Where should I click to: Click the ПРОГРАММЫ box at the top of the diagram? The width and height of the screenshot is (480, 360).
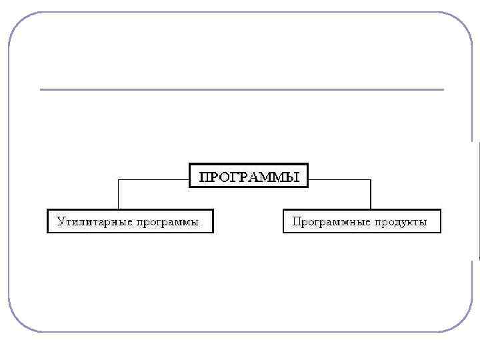point(249,175)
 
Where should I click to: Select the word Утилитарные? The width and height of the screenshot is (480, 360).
point(94,221)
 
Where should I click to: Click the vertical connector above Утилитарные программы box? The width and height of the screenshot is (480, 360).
point(119,195)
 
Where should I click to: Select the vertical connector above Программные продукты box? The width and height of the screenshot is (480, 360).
point(370,195)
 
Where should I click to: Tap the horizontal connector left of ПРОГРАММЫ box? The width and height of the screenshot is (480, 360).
point(154,179)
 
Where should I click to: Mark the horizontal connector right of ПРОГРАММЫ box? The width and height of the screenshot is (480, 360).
point(339,179)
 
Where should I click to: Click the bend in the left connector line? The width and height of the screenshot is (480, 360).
point(119,179)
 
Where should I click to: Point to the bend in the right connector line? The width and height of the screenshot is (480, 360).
point(370,179)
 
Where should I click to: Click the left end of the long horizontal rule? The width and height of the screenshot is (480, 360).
point(42,89)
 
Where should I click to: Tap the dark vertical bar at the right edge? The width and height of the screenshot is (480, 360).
point(478,200)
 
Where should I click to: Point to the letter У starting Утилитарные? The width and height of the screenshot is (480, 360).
point(60,221)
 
